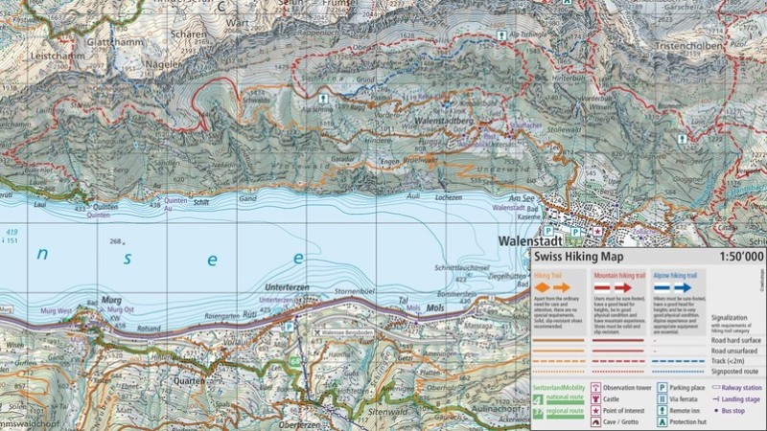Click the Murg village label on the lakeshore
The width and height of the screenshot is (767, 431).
click(x=111, y=299)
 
